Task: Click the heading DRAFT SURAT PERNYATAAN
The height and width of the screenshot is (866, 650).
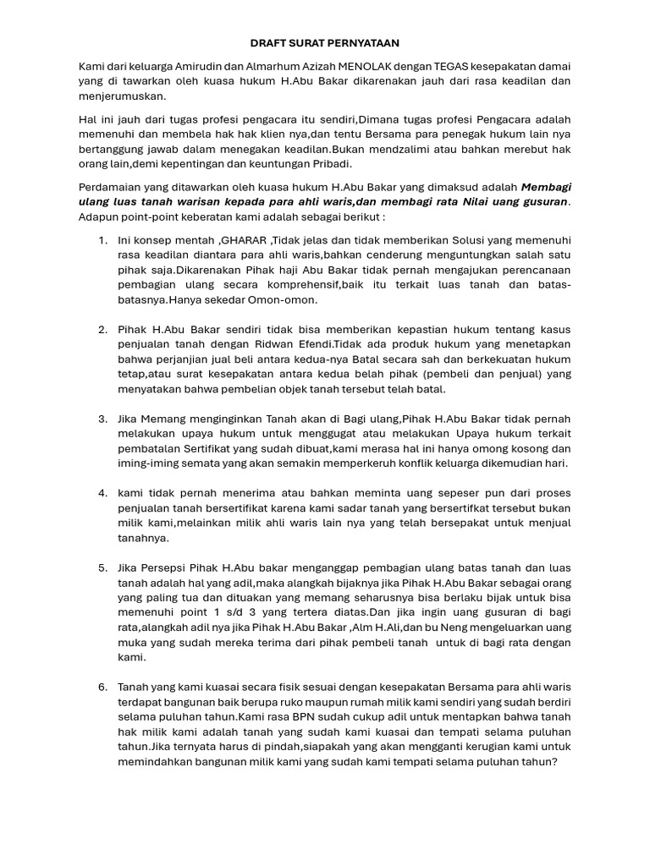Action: click(324, 42)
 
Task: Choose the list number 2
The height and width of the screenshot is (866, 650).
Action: click(102, 329)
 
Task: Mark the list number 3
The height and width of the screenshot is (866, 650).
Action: click(102, 419)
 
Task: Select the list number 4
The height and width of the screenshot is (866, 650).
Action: click(102, 492)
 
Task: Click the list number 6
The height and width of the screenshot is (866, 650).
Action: click(102, 687)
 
